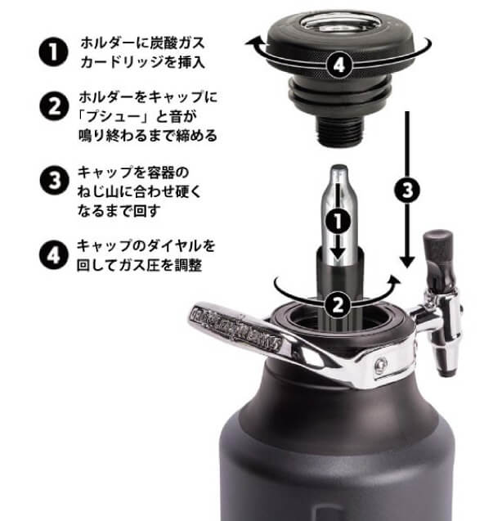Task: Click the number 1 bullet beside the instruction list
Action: click(x=53, y=52)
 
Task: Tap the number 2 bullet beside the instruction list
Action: click(x=54, y=107)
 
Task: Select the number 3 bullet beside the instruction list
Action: click(x=55, y=181)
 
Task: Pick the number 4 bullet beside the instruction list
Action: click(x=54, y=255)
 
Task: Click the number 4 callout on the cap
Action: click(x=338, y=65)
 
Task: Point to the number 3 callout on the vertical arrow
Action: click(x=407, y=190)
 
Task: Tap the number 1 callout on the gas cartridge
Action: click(x=338, y=221)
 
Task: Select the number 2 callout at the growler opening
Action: click(x=338, y=304)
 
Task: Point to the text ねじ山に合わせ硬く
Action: click(x=140, y=191)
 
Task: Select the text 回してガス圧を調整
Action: click(x=139, y=265)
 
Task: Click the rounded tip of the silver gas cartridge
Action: click(x=339, y=168)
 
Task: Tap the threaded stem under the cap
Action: click(x=338, y=131)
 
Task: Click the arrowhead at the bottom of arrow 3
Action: click(x=407, y=263)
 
